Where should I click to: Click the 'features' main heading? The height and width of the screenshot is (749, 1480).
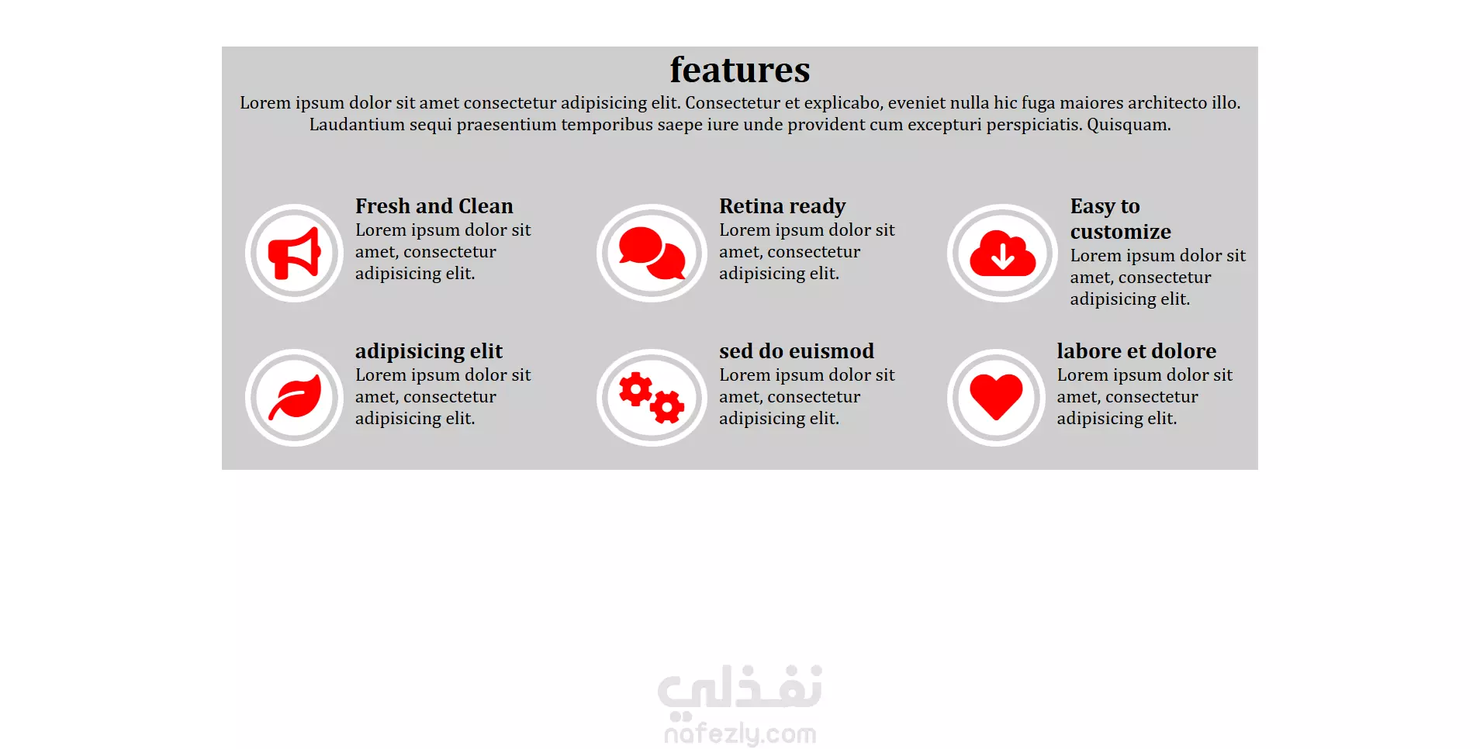pos(740,70)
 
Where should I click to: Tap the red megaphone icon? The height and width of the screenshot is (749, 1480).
pos(294,253)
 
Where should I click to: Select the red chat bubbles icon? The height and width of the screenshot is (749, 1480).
pos(652,253)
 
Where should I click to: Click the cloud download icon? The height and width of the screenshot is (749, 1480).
pos(1002,253)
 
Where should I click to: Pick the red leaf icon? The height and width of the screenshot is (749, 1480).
pos(295,397)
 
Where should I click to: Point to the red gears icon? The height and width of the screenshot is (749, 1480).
pos(652,398)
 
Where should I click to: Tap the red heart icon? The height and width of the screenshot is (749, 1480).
pos(996,397)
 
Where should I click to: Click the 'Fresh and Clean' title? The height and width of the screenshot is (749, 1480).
pos(434,206)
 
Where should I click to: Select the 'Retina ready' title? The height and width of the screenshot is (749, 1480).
pos(782,206)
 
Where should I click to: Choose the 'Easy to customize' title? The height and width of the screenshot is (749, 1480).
pos(1120,219)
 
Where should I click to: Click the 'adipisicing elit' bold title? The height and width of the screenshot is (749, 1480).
pos(429,351)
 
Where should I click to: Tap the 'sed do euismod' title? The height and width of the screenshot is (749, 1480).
pos(797,351)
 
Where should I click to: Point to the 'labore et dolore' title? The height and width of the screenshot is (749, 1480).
pos(1136,351)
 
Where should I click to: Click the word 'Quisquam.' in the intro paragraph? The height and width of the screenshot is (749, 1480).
pos(1129,125)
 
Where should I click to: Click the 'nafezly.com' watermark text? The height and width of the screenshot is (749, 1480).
pos(740,733)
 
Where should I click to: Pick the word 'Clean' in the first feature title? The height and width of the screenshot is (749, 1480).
pos(486,206)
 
